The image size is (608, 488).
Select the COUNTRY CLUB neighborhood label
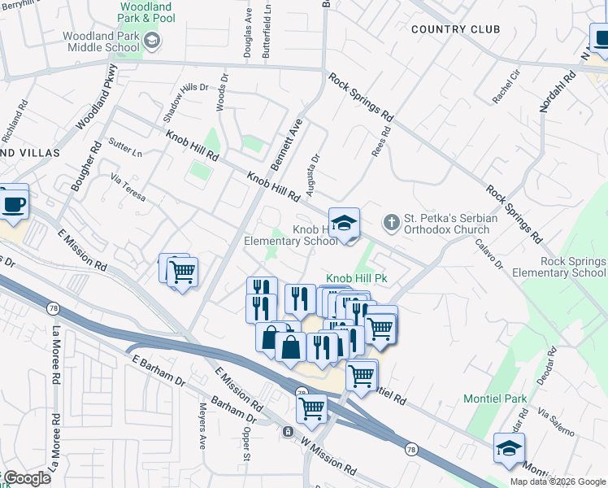[x=455, y=29]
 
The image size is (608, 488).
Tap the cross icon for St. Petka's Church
[x=391, y=222]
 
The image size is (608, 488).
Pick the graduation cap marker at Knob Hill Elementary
[x=344, y=224]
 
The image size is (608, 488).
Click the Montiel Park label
[x=495, y=399]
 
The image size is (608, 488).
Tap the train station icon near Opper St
[x=288, y=431]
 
